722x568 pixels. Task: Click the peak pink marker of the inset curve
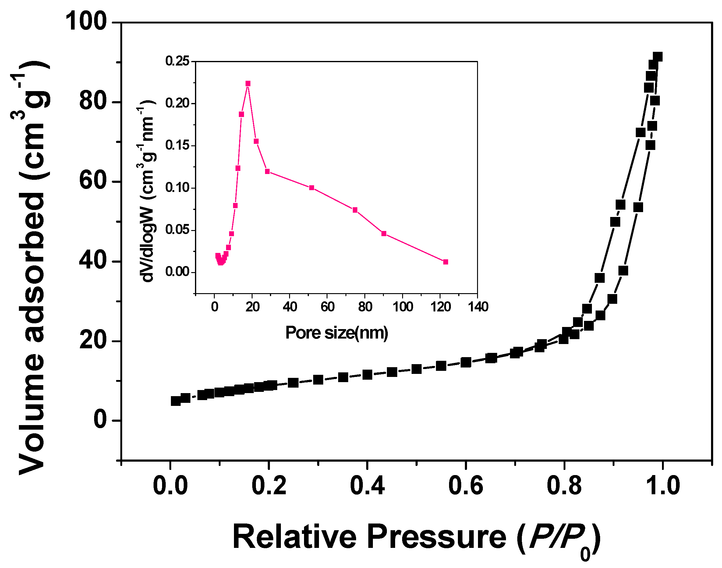click(248, 83)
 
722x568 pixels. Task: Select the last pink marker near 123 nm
click(446, 262)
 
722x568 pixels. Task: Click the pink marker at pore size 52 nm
click(311, 188)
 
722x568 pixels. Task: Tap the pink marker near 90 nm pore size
click(384, 233)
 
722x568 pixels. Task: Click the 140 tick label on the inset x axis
click(478, 306)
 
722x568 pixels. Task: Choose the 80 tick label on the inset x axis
click(365, 306)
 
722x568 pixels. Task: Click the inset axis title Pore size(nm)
click(336, 332)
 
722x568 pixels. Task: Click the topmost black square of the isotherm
click(657, 57)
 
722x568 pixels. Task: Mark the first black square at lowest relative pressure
click(176, 401)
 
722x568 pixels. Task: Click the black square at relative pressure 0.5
click(416, 369)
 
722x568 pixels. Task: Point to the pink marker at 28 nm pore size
click(267, 171)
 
